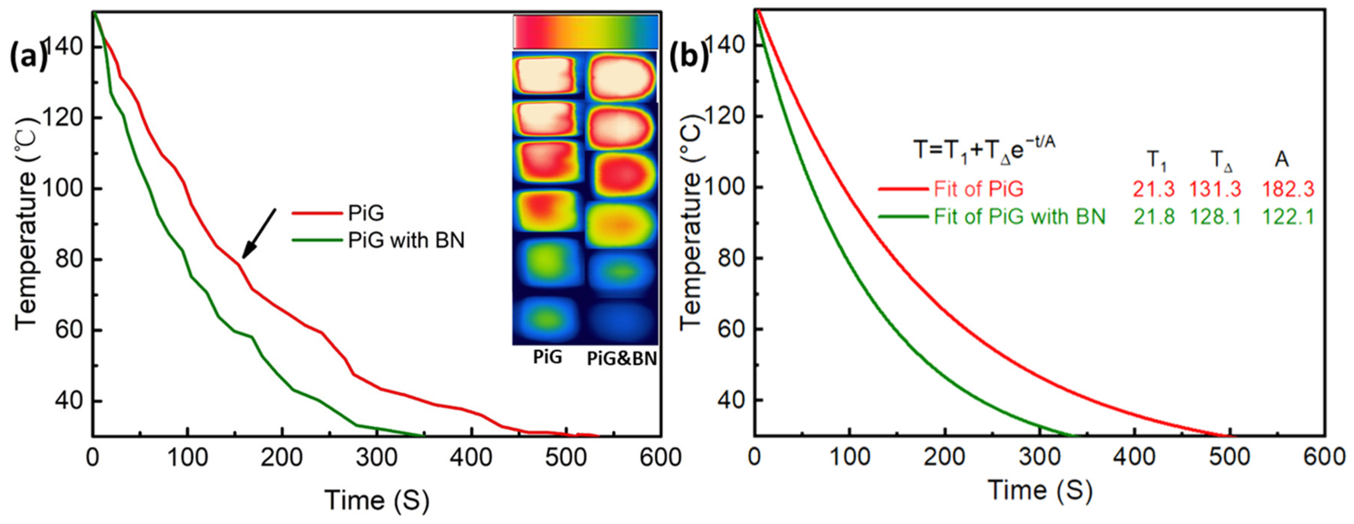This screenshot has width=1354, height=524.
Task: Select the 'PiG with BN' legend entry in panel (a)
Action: click(x=406, y=241)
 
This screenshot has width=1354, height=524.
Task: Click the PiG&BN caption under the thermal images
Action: click(x=622, y=358)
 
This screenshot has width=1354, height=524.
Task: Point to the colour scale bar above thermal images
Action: click(x=585, y=32)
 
